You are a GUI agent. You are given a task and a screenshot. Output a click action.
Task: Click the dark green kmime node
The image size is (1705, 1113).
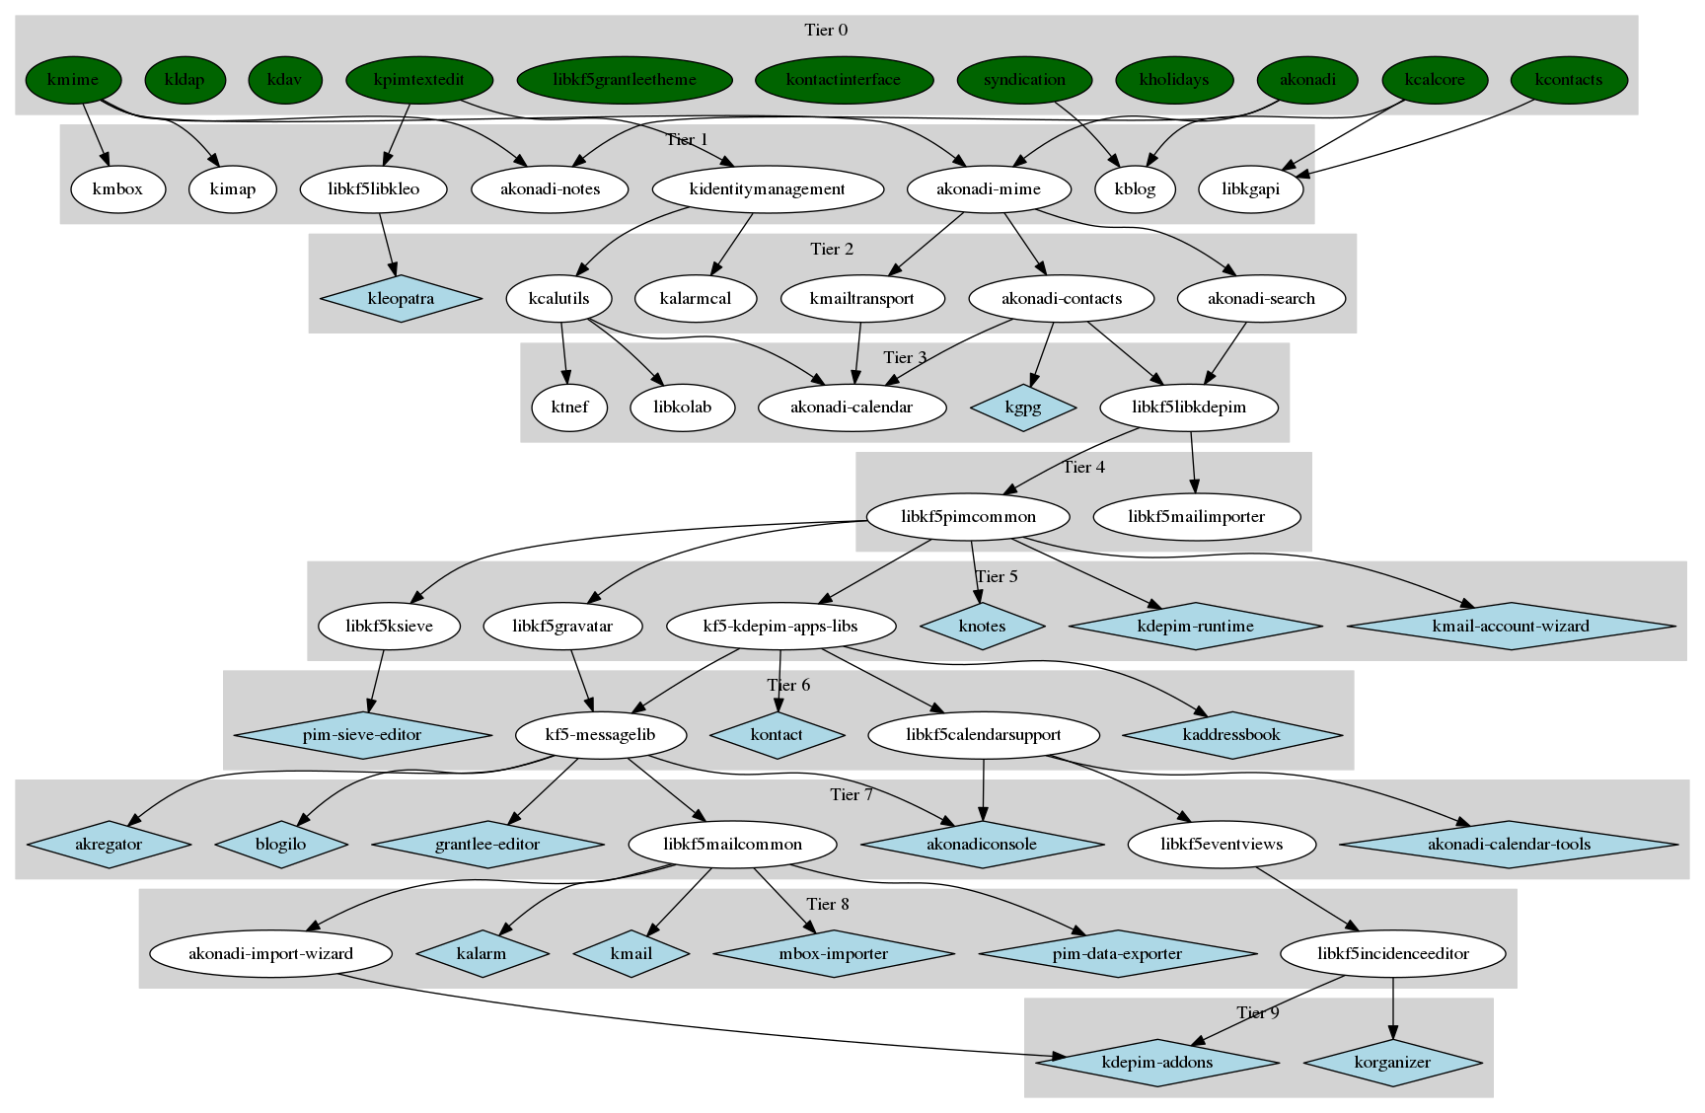73,80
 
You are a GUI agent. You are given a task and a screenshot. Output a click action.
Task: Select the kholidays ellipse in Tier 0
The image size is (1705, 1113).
1174,80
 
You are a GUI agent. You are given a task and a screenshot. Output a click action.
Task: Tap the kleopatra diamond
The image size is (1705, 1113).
401,299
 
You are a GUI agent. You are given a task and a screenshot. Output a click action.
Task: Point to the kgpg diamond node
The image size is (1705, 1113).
1023,408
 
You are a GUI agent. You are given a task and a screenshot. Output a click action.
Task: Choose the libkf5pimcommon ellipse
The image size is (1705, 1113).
968,516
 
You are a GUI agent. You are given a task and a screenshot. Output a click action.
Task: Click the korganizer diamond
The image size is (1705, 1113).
1392,1063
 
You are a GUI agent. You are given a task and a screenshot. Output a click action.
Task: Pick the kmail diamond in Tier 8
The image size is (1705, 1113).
631,954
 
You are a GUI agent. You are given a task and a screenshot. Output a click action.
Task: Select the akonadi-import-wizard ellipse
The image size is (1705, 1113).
270,954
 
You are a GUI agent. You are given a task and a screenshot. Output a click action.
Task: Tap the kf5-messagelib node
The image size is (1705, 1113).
600,735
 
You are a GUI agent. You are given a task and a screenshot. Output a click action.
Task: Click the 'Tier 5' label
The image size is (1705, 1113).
996,576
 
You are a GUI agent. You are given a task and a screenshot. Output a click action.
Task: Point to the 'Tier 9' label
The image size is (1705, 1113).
1258,1013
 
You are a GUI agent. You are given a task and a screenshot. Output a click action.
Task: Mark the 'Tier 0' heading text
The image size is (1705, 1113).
826,30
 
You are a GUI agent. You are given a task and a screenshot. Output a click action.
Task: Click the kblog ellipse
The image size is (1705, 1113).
1135,189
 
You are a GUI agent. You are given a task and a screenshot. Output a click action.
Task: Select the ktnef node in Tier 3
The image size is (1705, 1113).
569,408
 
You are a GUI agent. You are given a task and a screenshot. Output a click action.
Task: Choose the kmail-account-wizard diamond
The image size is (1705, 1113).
1511,626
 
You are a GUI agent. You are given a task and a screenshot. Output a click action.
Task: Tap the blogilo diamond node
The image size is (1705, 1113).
281,845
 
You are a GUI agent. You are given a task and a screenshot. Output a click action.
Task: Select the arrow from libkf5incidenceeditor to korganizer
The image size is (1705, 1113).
1392,1006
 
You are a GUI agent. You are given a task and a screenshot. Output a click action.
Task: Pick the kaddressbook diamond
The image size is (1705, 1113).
1231,735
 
